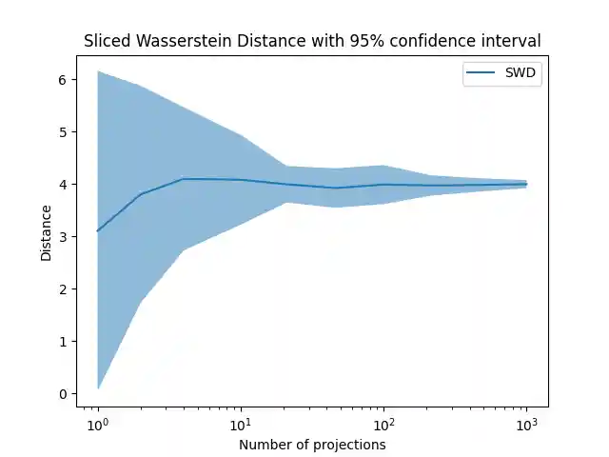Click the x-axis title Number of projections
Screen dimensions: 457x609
point(312,444)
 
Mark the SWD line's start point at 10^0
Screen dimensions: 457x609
point(98,230)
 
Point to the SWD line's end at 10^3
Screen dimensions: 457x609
point(526,184)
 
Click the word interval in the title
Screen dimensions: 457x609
point(512,41)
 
